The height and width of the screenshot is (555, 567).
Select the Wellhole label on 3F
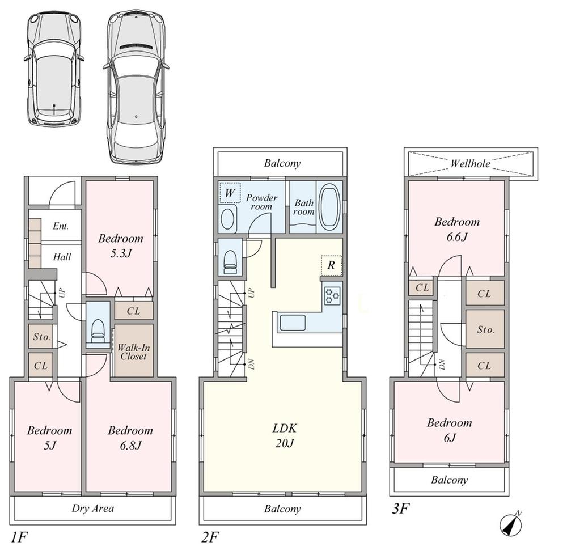click(x=471, y=164)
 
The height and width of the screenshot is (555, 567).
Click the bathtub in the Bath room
click(x=329, y=206)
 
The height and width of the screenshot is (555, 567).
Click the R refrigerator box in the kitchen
click(x=331, y=265)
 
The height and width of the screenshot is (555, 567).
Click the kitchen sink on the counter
click(x=293, y=323)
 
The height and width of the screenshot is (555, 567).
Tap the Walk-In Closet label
click(x=133, y=351)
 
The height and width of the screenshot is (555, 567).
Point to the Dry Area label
click(x=93, y=508)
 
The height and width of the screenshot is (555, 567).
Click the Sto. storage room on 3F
click(x=484, y=329)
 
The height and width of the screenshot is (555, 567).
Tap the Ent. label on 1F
click(x=61, y=226)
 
